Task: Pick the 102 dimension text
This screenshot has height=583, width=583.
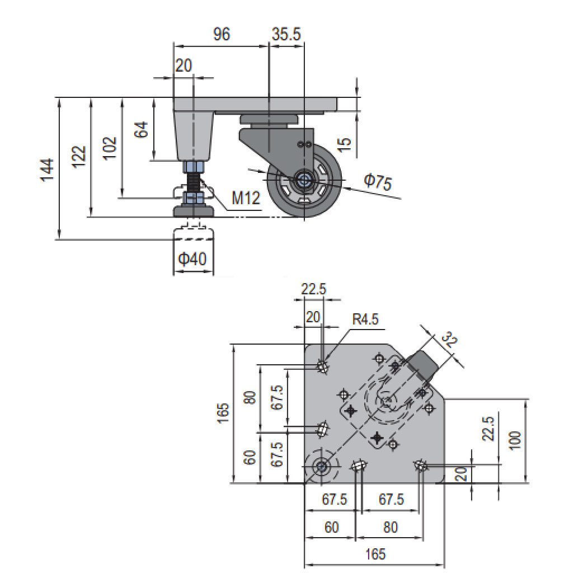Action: pyautogui.click(x=110, y=148)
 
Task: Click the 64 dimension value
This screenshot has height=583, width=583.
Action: pyautogui.click(x=142, y=130)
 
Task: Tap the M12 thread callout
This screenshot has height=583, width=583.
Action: pyautogui.click(x=246, y=198)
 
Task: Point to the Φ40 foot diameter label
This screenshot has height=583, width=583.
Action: pyautogui.click(x=193, y=258)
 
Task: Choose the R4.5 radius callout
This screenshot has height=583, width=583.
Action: pyautogui.click(x=365, y=319)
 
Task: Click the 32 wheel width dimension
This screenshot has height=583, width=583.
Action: pyautogui.click(x=449, y=340)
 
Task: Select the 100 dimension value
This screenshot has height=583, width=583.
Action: pyautogui.click(x=515, y=440)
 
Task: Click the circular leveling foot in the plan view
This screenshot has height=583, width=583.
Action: pyautogui.click(x=322, y=466)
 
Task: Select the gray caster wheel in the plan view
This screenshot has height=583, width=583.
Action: pyautogui.click(x=423, y=365)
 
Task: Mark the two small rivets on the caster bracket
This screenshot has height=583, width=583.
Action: pyautogui.click(x=305, y=144)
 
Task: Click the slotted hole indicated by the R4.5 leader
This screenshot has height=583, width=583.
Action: pyautogui.click(x=323, y=366)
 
